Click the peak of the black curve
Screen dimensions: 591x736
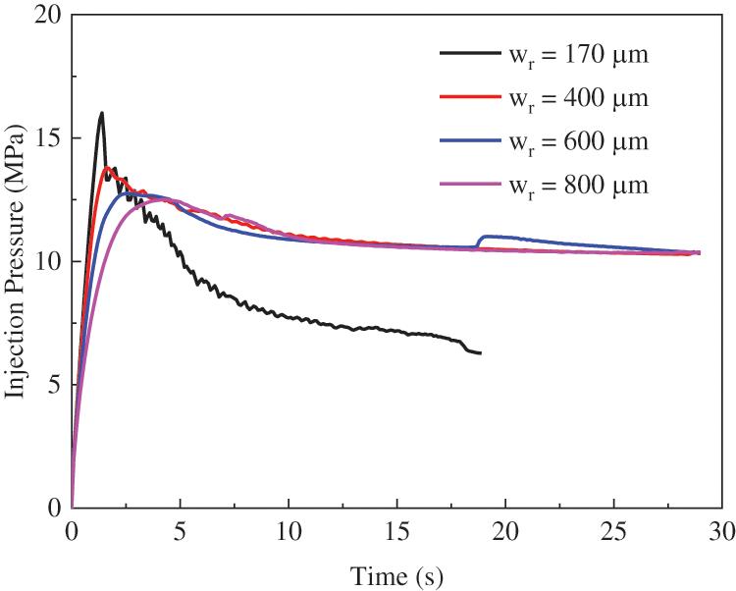pos(101,113)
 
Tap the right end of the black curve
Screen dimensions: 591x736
pos(480,352)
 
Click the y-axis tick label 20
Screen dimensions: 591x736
pos(45,16)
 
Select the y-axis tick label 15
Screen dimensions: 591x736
pos(45,138)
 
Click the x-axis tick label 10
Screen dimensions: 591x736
pos(288,531)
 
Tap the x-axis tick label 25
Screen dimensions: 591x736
pos(613,531)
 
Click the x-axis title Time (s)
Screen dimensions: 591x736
pos(395,570)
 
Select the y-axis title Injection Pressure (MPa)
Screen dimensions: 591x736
pos(16,261)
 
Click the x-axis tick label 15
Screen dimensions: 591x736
pos(396,531)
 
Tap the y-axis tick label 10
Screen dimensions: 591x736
pos(45,262)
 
